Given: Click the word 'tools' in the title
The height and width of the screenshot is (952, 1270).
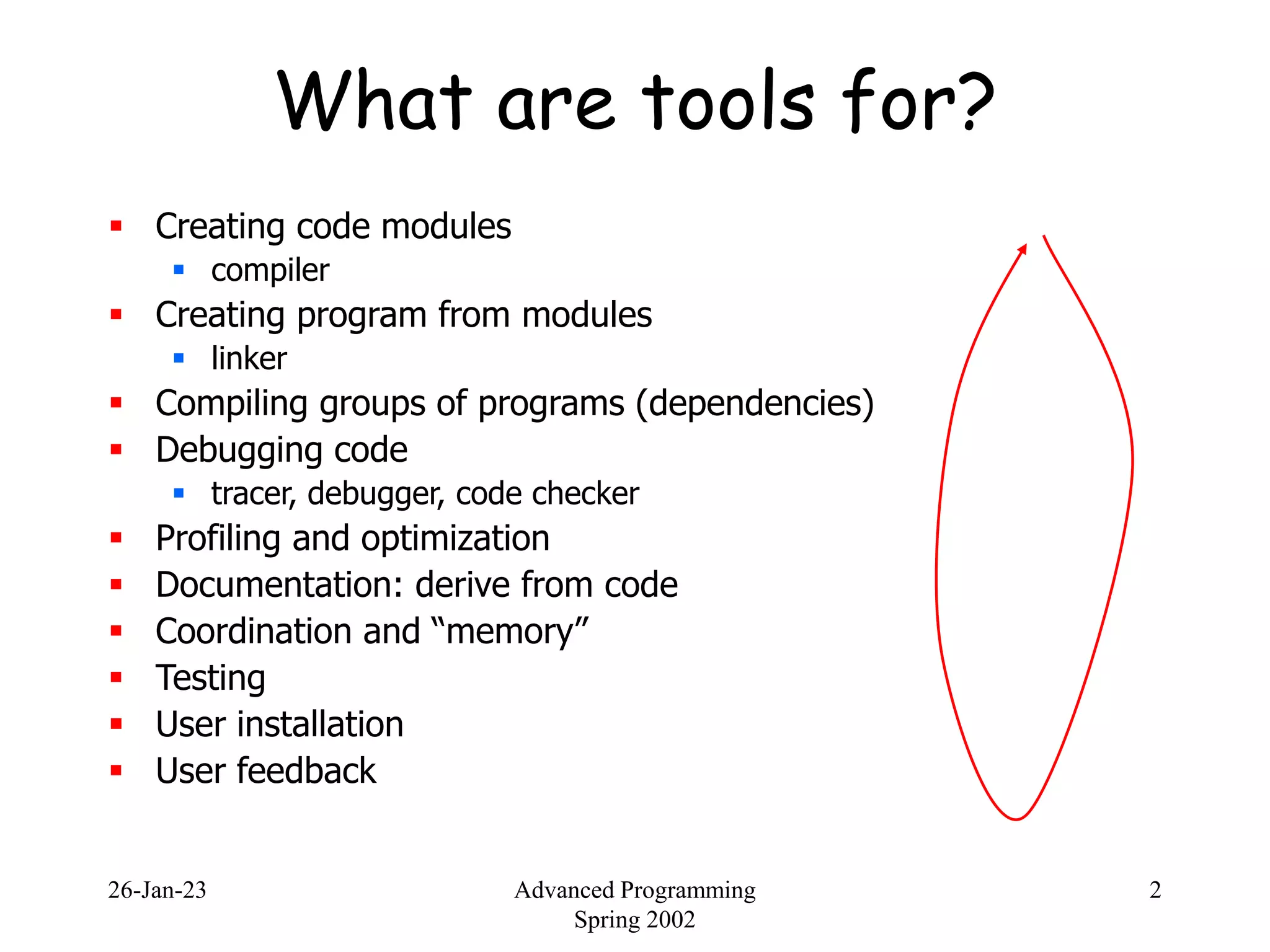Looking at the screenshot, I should pyautogui.click(x=727, y=102).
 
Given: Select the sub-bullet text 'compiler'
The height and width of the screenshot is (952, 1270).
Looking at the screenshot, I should pyautogui.click(x=270, y=271).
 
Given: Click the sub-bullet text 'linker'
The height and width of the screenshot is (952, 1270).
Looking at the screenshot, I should pyautogui.click(x=249, y=359).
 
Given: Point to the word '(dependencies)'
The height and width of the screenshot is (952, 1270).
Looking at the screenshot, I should pyautogui.click(x=755, y=404).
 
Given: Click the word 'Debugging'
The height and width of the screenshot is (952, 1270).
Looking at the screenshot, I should pyautogui.click(x=238, y=451).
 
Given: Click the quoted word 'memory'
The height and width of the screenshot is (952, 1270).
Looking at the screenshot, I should pyautogui.click(x=508, y=632).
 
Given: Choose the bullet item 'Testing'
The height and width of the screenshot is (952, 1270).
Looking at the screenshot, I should pyautogui.click(x=211, y=678).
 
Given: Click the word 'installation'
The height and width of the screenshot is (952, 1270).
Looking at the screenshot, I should pyautogui.click(x=320, y=725).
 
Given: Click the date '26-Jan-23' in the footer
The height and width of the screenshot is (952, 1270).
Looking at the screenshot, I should pyautogui.click(x=157, y=891).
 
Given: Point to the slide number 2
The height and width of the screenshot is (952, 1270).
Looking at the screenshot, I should pyautogui.click(x=1155, y=891).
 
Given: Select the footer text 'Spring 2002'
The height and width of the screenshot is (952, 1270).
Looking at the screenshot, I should pyautogui.click(x=634, y=920).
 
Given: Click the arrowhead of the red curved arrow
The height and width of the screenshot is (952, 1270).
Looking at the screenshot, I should pyautogui.click(x=1023, y=249).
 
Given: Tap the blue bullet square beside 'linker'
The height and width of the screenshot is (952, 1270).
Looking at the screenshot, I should pyautogui.click(x=179, y=358).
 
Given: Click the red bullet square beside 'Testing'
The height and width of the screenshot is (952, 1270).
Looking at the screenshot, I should pyautogui.click(x=116, y=677).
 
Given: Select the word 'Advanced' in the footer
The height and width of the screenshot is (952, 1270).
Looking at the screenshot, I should pyautogui.click(x=564, y=891).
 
